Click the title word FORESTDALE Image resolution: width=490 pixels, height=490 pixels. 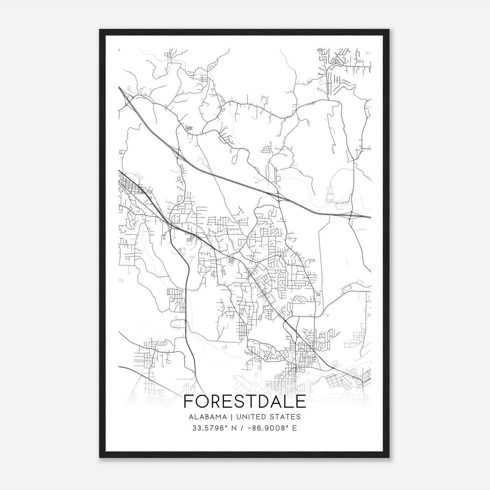click(245, 401)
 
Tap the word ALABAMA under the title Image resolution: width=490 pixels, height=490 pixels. click(208, 417)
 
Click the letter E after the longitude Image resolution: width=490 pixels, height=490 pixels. click(295, 428)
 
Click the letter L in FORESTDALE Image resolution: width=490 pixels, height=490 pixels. click(289, 401)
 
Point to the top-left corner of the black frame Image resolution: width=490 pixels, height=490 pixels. click(100, 30)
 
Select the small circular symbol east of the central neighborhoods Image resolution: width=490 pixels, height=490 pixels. click(318, 294)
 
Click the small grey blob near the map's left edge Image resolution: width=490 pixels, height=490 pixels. click(121, 280)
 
